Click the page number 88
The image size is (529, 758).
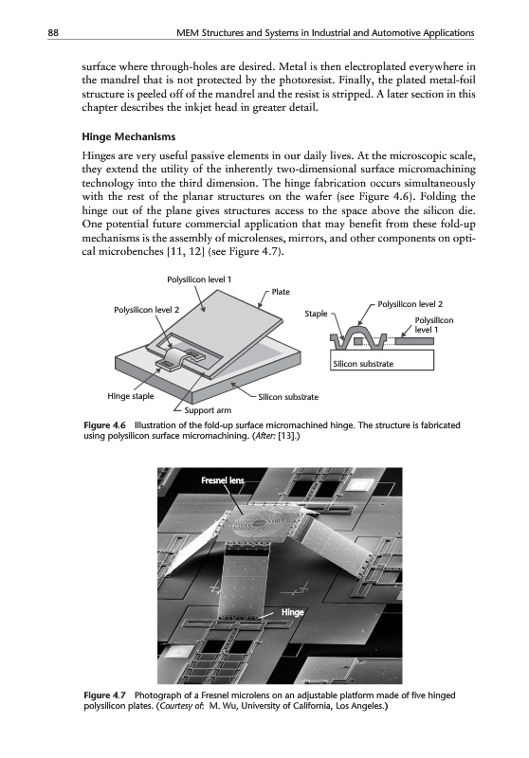(53, 33)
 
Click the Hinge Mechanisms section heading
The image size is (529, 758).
(129, 136)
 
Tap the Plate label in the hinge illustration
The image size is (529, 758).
(281, 292)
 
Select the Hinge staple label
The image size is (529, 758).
(131, 396)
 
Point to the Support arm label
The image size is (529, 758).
(208, 410)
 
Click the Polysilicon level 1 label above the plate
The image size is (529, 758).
(199, 280)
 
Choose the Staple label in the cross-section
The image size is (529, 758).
(316, 314)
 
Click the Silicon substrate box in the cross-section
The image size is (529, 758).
(382, 360)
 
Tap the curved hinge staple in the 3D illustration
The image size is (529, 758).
(173, 359)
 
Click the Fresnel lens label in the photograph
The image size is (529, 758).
(223, 480)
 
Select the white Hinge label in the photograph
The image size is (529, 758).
(293, 612)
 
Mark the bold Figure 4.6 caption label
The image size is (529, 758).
(105, 425)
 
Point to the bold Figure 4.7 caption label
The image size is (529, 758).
(105, 695)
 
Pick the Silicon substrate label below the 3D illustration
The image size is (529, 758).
(288, 397)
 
